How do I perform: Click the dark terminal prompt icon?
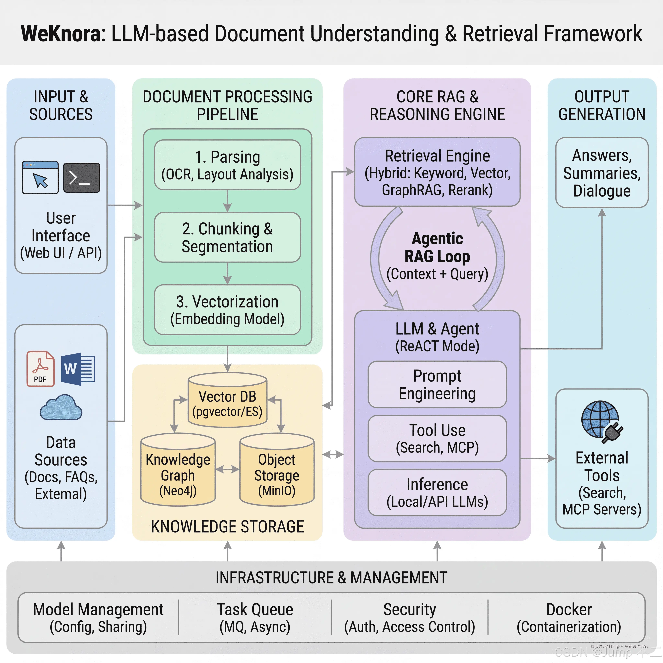pos(82,177)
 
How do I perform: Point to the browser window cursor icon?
pos(40,177)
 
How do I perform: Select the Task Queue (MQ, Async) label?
pos(255,618)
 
